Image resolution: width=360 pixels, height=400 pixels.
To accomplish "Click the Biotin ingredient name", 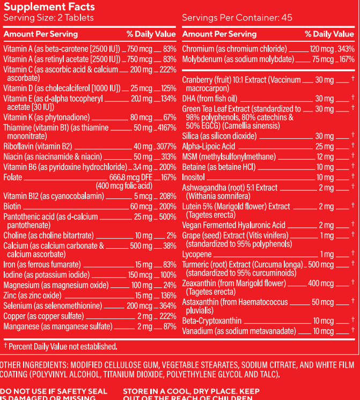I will [x=12, y=206].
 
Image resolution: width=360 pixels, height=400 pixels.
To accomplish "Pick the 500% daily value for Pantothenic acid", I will [x=167, y=217].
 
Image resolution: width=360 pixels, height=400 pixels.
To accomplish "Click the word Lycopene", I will [x=196, y=255].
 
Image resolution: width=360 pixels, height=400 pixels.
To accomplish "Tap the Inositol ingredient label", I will [x=194, y=177].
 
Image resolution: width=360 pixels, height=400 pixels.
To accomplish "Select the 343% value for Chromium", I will [x=344, y=49].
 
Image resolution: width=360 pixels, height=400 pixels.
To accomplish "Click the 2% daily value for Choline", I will [x=171, y=235].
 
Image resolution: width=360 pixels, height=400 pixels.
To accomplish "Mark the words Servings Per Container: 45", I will [x=237, y=18].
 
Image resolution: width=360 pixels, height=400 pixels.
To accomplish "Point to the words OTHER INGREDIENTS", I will [x=32, y=365].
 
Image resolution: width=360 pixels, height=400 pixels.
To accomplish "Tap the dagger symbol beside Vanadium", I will [x=352, y=331].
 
